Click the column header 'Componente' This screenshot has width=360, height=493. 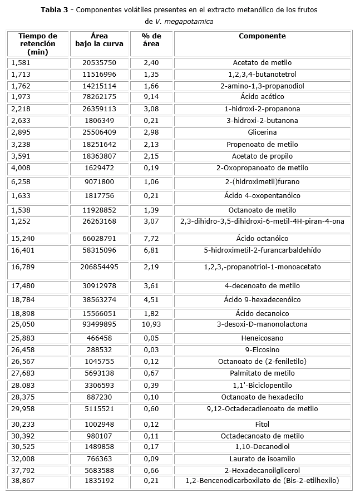[262, 36]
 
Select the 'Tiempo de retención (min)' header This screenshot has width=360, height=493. [37, 43]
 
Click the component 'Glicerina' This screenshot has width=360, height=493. [262, 132]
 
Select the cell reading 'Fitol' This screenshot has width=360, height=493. [262, 424]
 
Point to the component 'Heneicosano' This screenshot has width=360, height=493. [262, 338]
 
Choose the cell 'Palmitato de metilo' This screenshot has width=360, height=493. [262, 373]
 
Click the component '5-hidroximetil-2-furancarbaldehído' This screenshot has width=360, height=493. [262, 250]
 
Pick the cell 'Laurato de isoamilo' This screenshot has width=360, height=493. [262, 459]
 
